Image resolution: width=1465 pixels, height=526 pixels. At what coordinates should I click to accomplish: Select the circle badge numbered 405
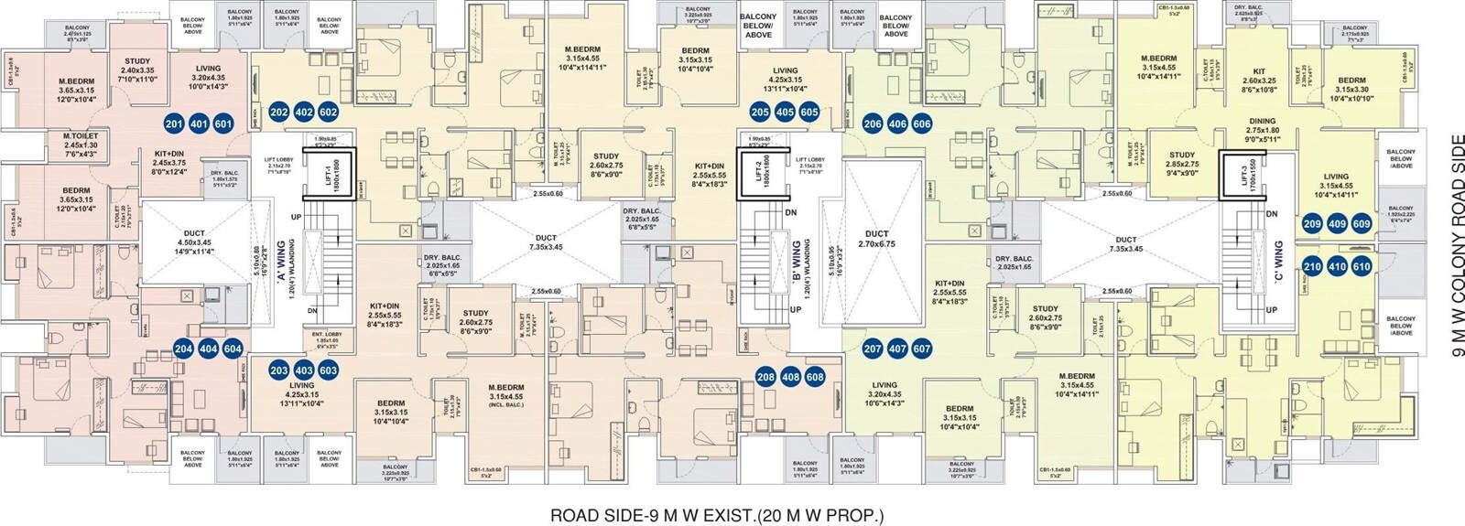click(x=785, y=113)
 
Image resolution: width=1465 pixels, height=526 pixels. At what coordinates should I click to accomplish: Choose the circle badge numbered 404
click(x=209, y=349)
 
